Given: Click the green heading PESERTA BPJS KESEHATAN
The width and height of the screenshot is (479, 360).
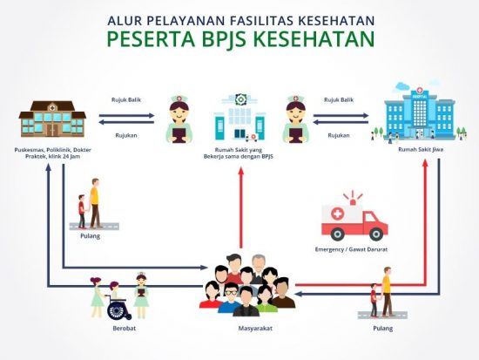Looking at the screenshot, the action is (x=240, y=38).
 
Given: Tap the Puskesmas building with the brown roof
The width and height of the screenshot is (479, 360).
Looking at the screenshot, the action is (x=52, y=119).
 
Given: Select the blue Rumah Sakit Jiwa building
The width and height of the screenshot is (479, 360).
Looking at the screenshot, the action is (x=420, y=112).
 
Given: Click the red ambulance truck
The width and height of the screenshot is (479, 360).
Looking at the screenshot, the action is (x=354, y=221).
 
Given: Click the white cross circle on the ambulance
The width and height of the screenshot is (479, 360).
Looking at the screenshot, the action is (x=338, y=214).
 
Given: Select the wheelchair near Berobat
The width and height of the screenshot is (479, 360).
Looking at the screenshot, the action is (x=118, y=309).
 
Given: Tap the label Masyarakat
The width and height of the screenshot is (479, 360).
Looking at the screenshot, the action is (x=255, y=329).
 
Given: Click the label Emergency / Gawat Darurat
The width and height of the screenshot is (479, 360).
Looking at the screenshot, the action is (x=351, y=249).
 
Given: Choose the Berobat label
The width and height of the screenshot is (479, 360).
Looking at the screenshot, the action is (x=124, y=329).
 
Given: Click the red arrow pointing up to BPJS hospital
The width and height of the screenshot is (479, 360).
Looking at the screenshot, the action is (x=241, y=207).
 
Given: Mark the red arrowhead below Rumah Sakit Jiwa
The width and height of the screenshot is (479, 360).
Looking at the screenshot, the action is (x=425, y=163).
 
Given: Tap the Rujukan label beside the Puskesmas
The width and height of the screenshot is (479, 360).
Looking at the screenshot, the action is (x=126, y=135).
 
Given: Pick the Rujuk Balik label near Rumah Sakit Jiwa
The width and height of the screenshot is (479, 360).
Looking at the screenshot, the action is (x=339, y=100).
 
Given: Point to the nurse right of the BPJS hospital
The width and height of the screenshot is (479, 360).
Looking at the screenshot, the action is (x=295, y=119).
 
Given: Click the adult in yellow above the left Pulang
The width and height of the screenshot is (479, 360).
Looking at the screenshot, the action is (x=95, y=202).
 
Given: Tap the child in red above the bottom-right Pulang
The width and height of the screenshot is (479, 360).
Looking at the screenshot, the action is (x=374, y=300).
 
